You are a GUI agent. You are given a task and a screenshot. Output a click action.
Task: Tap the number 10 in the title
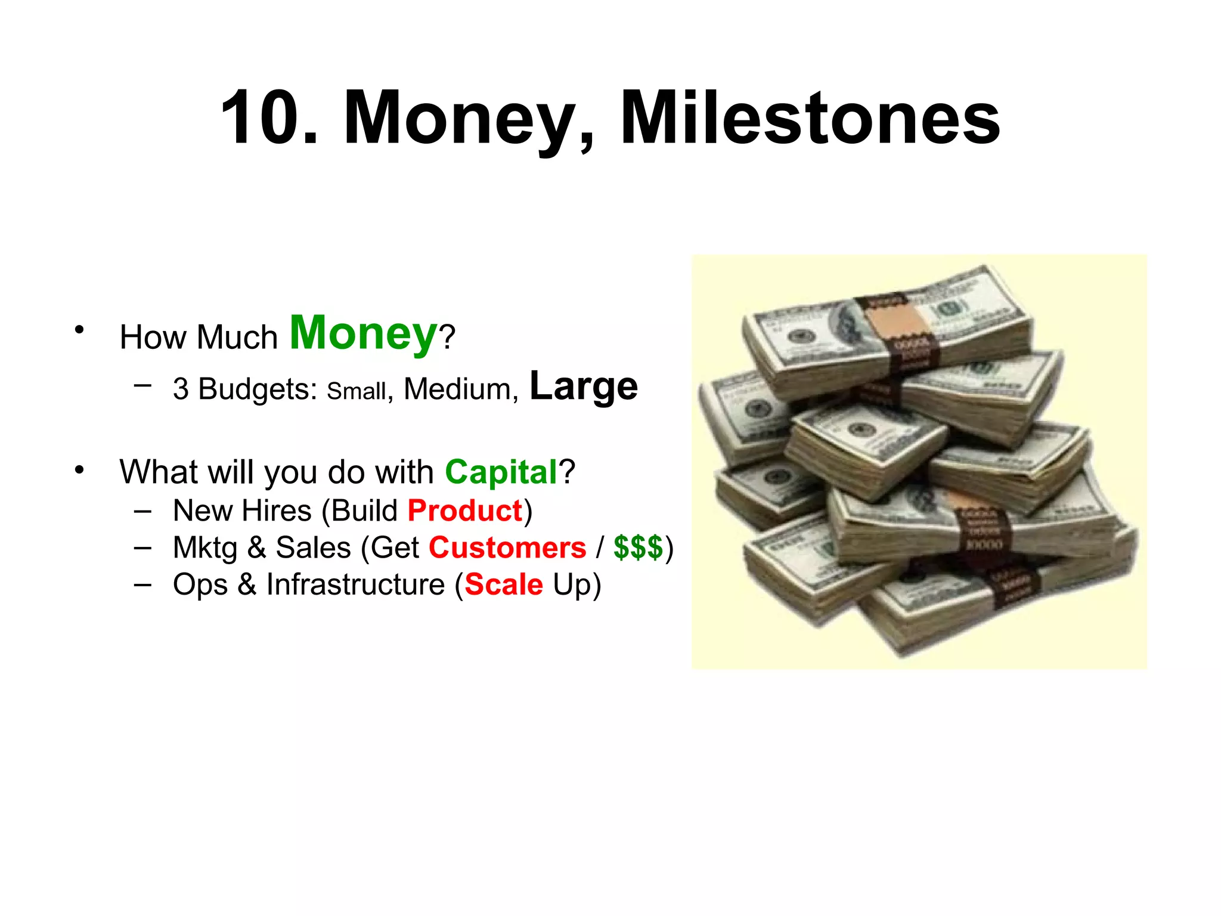coord(262,117)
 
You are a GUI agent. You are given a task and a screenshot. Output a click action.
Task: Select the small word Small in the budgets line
coord(357,391)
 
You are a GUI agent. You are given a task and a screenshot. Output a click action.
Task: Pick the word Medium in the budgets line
coord(457,389)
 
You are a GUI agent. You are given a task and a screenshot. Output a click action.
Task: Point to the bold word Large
coord(583,386)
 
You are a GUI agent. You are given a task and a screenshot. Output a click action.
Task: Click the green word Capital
coord(501,472)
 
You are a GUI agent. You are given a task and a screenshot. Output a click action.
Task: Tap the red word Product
coord(465,510)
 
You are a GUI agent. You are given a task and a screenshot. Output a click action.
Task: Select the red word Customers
coord(507,547)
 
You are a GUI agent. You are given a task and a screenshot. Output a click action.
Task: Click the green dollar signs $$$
coord(638,547)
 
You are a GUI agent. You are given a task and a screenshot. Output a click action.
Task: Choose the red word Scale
coord(504,584)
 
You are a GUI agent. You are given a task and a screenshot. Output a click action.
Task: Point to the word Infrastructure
coord(355,584)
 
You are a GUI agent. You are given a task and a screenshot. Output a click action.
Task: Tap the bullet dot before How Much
coord(79,329)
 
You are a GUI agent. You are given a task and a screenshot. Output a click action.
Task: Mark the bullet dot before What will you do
coord(79,470)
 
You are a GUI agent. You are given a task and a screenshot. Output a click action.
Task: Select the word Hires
coord(276,510)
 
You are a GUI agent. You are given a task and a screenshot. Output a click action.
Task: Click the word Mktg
coord(204,548)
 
